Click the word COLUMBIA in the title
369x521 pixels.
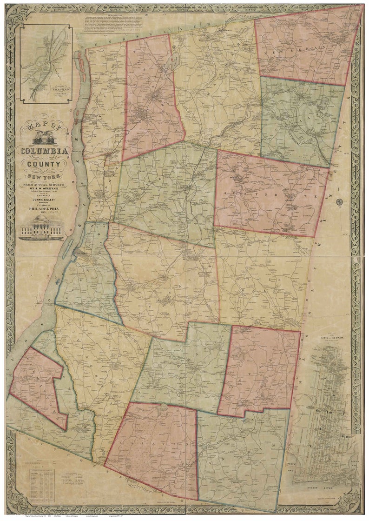pos(44,151)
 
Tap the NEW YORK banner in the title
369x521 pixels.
pos(44,177)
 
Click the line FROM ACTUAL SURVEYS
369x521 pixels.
pos(44,185)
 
